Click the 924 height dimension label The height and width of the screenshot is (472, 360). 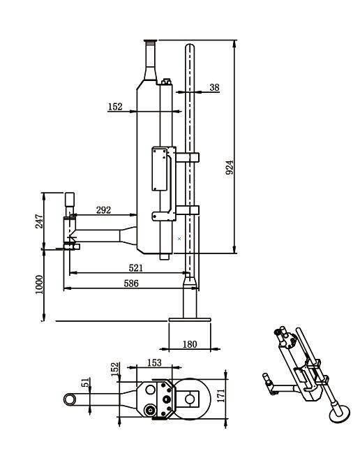tap(230, 168)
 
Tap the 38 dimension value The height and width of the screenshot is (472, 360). tap(214, 87)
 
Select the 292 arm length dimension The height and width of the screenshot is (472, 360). tap(103, 209)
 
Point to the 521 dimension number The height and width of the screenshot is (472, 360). tap(135, 267)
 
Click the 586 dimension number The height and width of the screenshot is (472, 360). tap(131, 283)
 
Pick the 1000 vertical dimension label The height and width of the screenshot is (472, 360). tap(39, 284)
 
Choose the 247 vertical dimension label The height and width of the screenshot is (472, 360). tap(39, 221)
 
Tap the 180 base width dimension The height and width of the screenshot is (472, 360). tap(190, 344)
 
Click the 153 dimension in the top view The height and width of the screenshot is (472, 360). tap(154, 363)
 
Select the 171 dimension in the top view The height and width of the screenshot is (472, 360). tap(221, 395)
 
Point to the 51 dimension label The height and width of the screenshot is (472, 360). tap(86, 383)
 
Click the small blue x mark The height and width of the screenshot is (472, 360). tap(179, 238)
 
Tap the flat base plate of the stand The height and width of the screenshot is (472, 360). tap(190, 320)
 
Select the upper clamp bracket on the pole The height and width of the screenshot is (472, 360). tap(188, 157)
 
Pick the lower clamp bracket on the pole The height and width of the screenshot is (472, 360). tap(188, 209)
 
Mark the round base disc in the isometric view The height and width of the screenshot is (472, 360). tap(340, 413)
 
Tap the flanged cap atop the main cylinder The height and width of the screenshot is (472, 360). tap(151, 41)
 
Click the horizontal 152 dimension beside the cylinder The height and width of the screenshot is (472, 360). tap(116, 106)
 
